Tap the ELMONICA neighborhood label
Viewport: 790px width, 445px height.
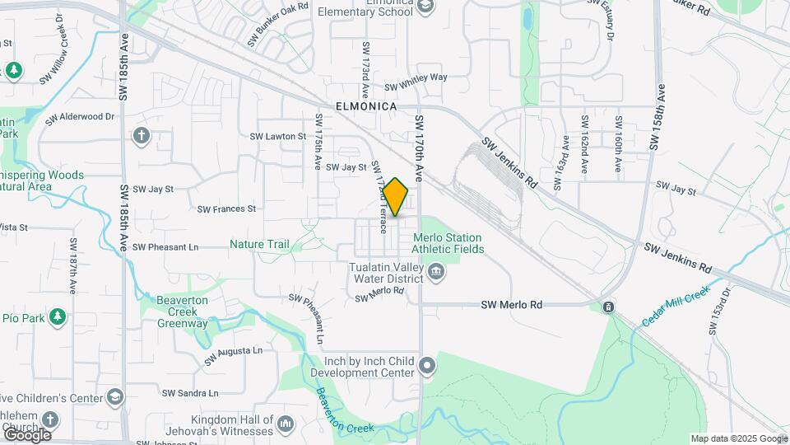pos(366,107)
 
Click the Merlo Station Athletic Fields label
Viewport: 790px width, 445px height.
pos(453,242)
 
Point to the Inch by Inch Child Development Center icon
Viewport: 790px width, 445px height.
pos(427,364)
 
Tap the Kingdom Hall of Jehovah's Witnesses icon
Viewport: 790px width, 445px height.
pos(285,424)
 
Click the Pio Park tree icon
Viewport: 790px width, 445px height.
pos(57,317)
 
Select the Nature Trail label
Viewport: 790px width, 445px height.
pos(259,245)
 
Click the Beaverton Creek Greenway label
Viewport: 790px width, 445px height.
pos(183,311)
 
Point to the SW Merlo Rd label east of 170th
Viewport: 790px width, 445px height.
pos(512,305)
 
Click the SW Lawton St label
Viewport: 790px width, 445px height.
pos(278,136)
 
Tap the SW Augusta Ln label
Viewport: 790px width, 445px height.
pos(233,355)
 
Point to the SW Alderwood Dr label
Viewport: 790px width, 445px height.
pos(80,117)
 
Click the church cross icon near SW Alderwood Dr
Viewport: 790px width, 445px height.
pos(142,134)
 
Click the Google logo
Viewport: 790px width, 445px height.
pos(27,435)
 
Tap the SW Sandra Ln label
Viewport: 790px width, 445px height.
pos(190,394)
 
